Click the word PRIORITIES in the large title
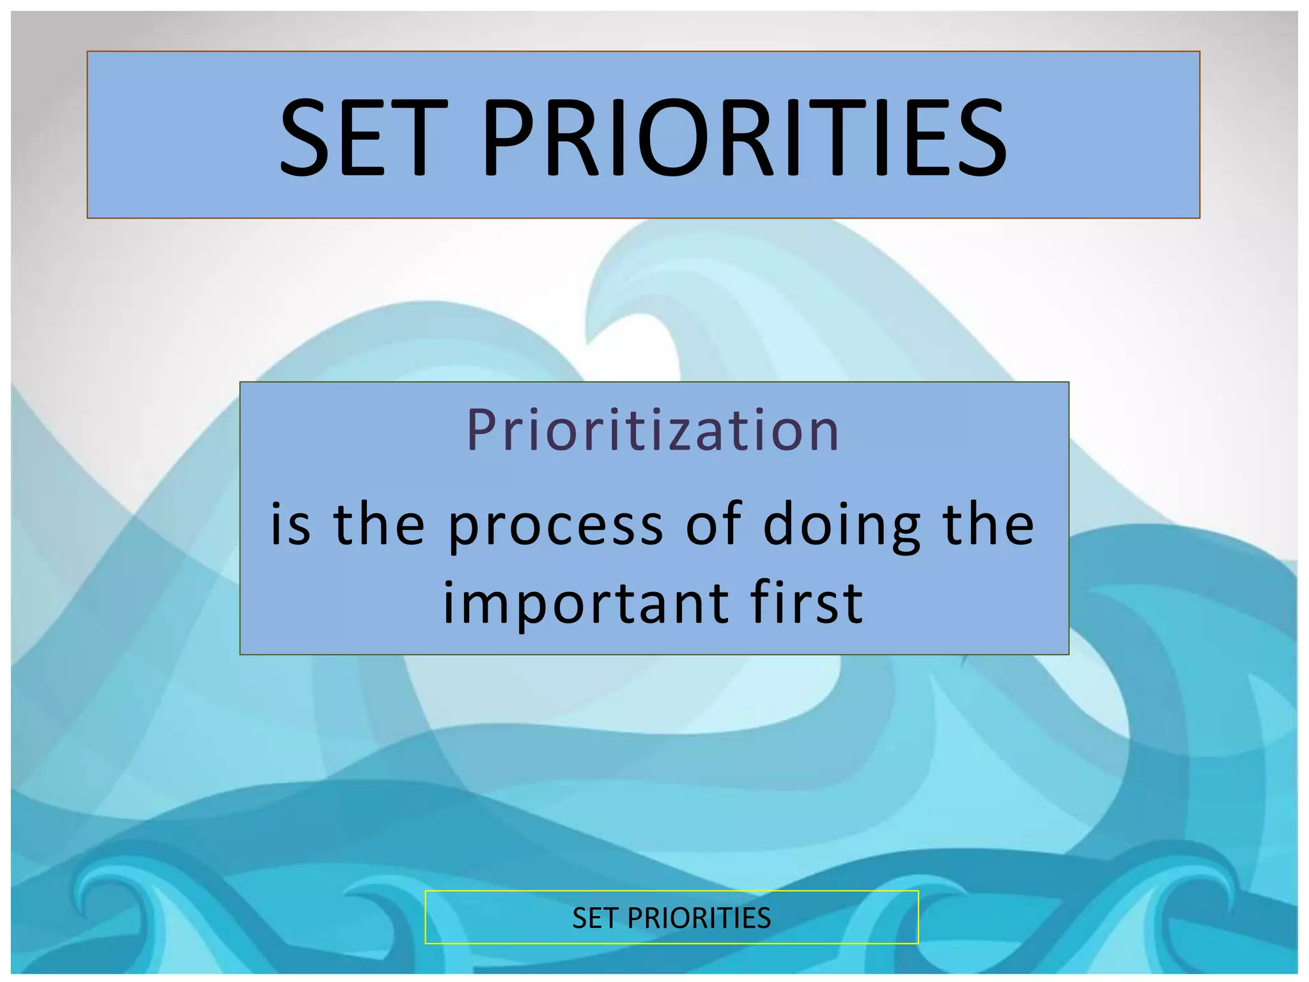coord(745,137)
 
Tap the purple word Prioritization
coord(653,430)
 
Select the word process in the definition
coord(555,526)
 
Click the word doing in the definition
coord(842,526)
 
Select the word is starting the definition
coord(291,526)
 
